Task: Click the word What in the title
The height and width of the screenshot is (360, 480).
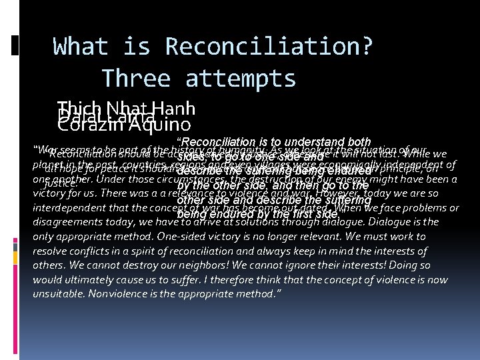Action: click(x=81, y=47)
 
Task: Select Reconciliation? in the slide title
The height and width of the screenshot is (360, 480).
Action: click(x=269, y=47)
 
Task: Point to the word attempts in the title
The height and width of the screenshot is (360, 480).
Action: click(x=241, y=79)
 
